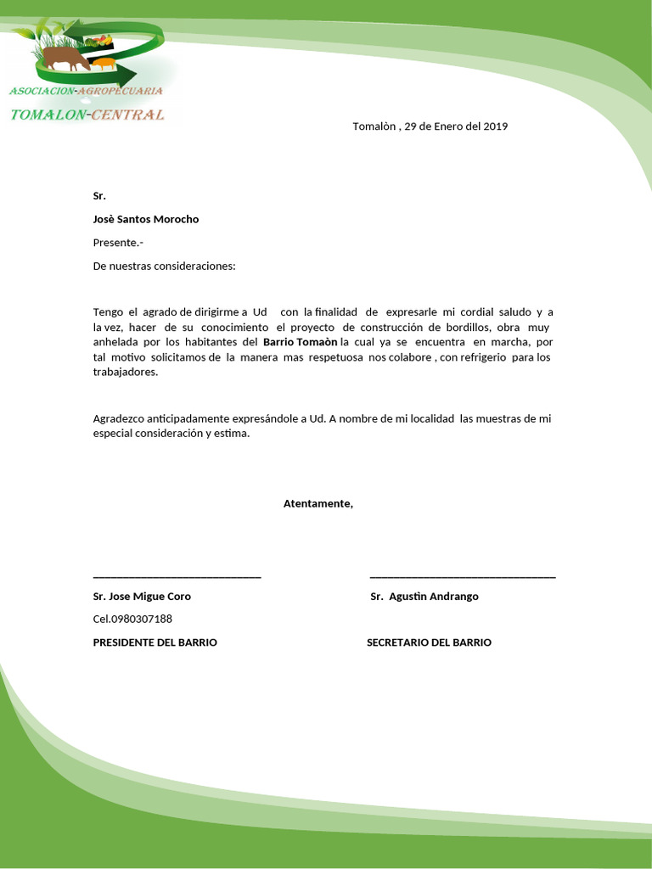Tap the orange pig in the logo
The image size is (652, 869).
point(103,63)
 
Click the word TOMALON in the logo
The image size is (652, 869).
point(48,115)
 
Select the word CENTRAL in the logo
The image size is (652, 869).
point(127,115)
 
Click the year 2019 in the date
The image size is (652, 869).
point(495,126)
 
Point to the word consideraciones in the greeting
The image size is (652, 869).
point(192,266)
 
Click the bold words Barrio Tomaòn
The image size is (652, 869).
point(301,343)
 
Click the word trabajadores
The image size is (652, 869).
point(125,373)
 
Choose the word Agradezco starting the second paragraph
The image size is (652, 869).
point(118,418)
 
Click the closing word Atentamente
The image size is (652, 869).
point(318,504)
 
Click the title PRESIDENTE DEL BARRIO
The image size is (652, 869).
point(155,642)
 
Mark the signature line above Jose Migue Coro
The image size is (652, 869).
point(177,577)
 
